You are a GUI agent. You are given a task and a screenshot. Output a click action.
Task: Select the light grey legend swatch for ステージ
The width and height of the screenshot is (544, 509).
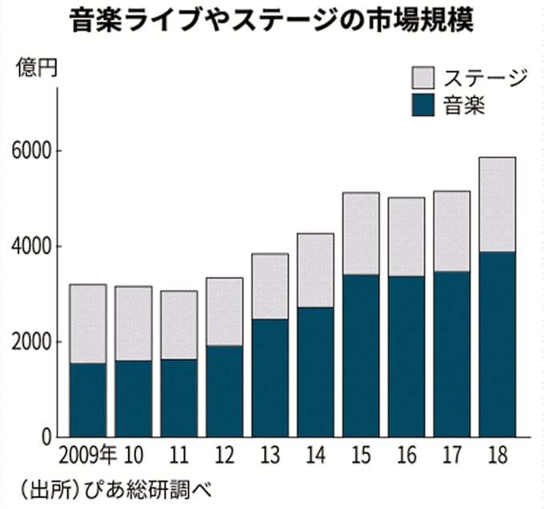point(422,78)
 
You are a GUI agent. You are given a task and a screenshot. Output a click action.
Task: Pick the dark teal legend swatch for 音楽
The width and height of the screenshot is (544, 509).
point(422,105)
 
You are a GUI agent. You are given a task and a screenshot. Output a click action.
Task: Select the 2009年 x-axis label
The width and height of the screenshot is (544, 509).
point(89,457)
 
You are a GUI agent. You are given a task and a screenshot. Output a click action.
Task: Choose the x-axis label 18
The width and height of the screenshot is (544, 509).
point(497,457)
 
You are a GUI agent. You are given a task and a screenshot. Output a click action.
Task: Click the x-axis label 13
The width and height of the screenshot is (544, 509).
point(270,457)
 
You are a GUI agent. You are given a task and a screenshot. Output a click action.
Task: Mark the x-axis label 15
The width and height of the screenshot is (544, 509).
point(360,457)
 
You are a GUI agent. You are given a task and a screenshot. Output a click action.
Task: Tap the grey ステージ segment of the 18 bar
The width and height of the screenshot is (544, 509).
point(496,205)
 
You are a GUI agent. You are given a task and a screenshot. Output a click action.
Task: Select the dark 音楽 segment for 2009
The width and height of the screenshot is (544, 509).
point(87,400)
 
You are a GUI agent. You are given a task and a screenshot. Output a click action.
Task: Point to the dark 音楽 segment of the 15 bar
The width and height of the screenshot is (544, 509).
point(360,356)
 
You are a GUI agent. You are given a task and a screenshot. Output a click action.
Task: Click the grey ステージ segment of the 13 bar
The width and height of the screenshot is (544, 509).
point(269,286)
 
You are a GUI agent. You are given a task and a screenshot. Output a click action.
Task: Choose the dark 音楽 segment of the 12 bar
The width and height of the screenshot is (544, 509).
point(224,392)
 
